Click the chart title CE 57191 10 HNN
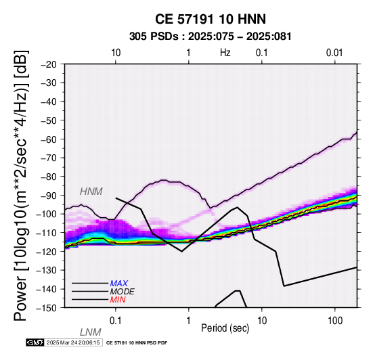coord(211,19)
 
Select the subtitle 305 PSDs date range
coord(211,37)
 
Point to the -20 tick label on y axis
coord(49,64)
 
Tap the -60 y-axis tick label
coord(49,139)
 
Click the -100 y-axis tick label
coord(47,214)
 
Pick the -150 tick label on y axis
coord(47,308)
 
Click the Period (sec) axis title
coord(225,328)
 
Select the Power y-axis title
coord(21,185)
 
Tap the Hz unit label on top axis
coord(225,53)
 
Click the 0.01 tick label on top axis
coord(334,53)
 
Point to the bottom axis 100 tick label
coord(335,321)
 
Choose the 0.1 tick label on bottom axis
coord(115,321)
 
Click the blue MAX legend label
coord(119,284)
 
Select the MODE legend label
coord(123,292)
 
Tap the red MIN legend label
coord(118,300)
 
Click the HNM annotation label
coord(91,192)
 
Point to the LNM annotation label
coord(91,332)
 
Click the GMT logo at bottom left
coord(35,342)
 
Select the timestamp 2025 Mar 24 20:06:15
coord(73,342)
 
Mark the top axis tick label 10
coord(116,53)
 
